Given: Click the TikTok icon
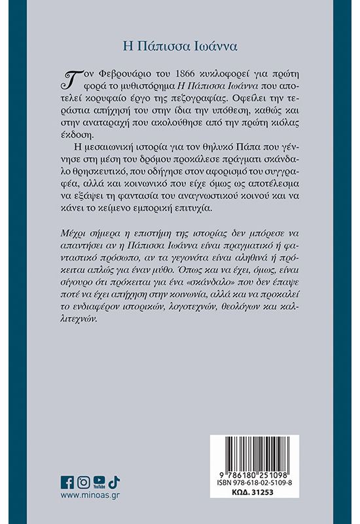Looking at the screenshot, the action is (115, 483).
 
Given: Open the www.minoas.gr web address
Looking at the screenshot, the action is (90, 497).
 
